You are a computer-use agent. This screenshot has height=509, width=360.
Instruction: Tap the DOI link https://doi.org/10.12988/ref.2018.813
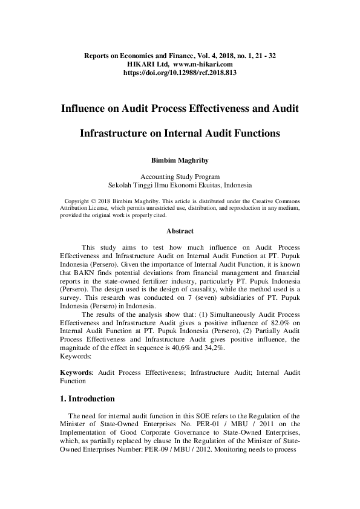point(180,72)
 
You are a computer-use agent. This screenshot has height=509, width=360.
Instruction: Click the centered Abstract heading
point(180,231)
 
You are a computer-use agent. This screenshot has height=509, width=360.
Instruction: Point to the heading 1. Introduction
point(87,399)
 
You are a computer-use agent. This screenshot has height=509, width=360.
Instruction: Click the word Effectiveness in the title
point(219,109)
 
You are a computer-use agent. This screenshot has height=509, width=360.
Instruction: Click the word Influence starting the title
point(87,109)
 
